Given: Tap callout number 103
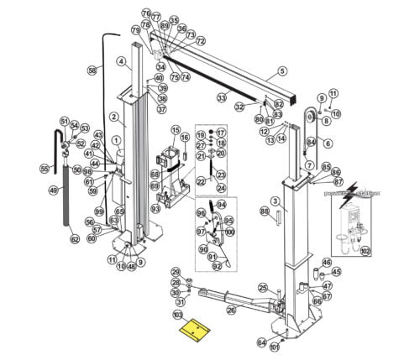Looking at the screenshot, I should [x=177, y=315].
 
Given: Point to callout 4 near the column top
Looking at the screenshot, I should [x=121, y=60].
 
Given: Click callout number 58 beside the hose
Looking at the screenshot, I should [x=92, y=70].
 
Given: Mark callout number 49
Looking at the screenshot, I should [x=53, y=190].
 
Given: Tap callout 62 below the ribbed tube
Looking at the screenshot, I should [x=74, y=240].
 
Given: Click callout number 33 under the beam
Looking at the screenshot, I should [x=222, y=98].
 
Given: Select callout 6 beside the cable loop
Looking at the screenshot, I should [x=328, y=143].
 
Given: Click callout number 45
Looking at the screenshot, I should [x=336, y=271].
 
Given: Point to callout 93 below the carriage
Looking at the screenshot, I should [x=155, y=208].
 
